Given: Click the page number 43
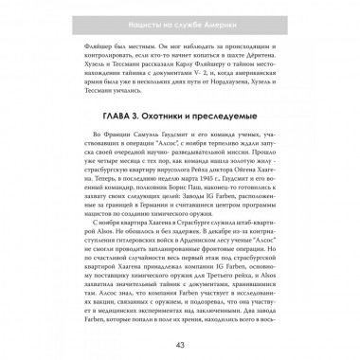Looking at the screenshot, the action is (180, 342).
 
